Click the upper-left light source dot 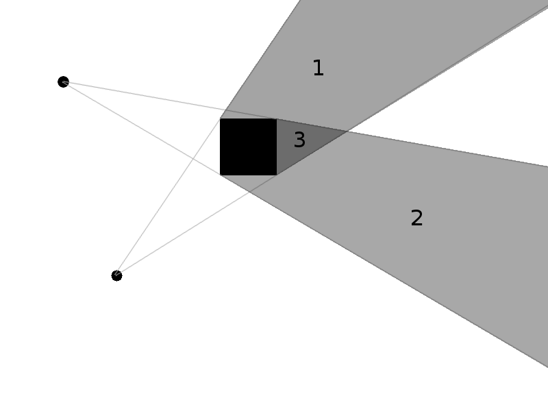pyautogui.click(x=63, y=82)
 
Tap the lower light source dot pyautogui.click(x=116, y=275)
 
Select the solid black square pyautogui.click(x=248, y=147)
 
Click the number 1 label pyautogui.click(x=318, y=68)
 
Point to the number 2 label pyautogui.click(x=416, y=219)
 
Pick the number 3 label pyautogui.click(x=299, y=140)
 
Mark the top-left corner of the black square pyautogui.click(x=220, y=119)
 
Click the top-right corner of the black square pyautogui.click(x=277, y=119)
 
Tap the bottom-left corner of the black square pyautogui.click(x=220, y=175)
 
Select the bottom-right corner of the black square pyautogui.click(x=277, y=175)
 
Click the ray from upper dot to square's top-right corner pyautogui.click(x=171, y=101)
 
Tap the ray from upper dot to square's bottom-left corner pyautogui.click(x=137, y=126)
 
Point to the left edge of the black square pyautogui.click(x=221, y=147)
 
